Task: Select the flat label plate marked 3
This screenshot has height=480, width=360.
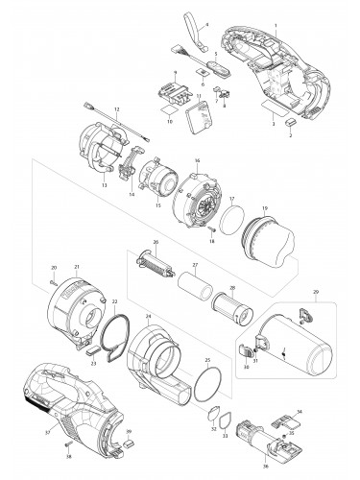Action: [x=272, y=114]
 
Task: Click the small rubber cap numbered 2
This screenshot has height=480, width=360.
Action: [x=292, y=124]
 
